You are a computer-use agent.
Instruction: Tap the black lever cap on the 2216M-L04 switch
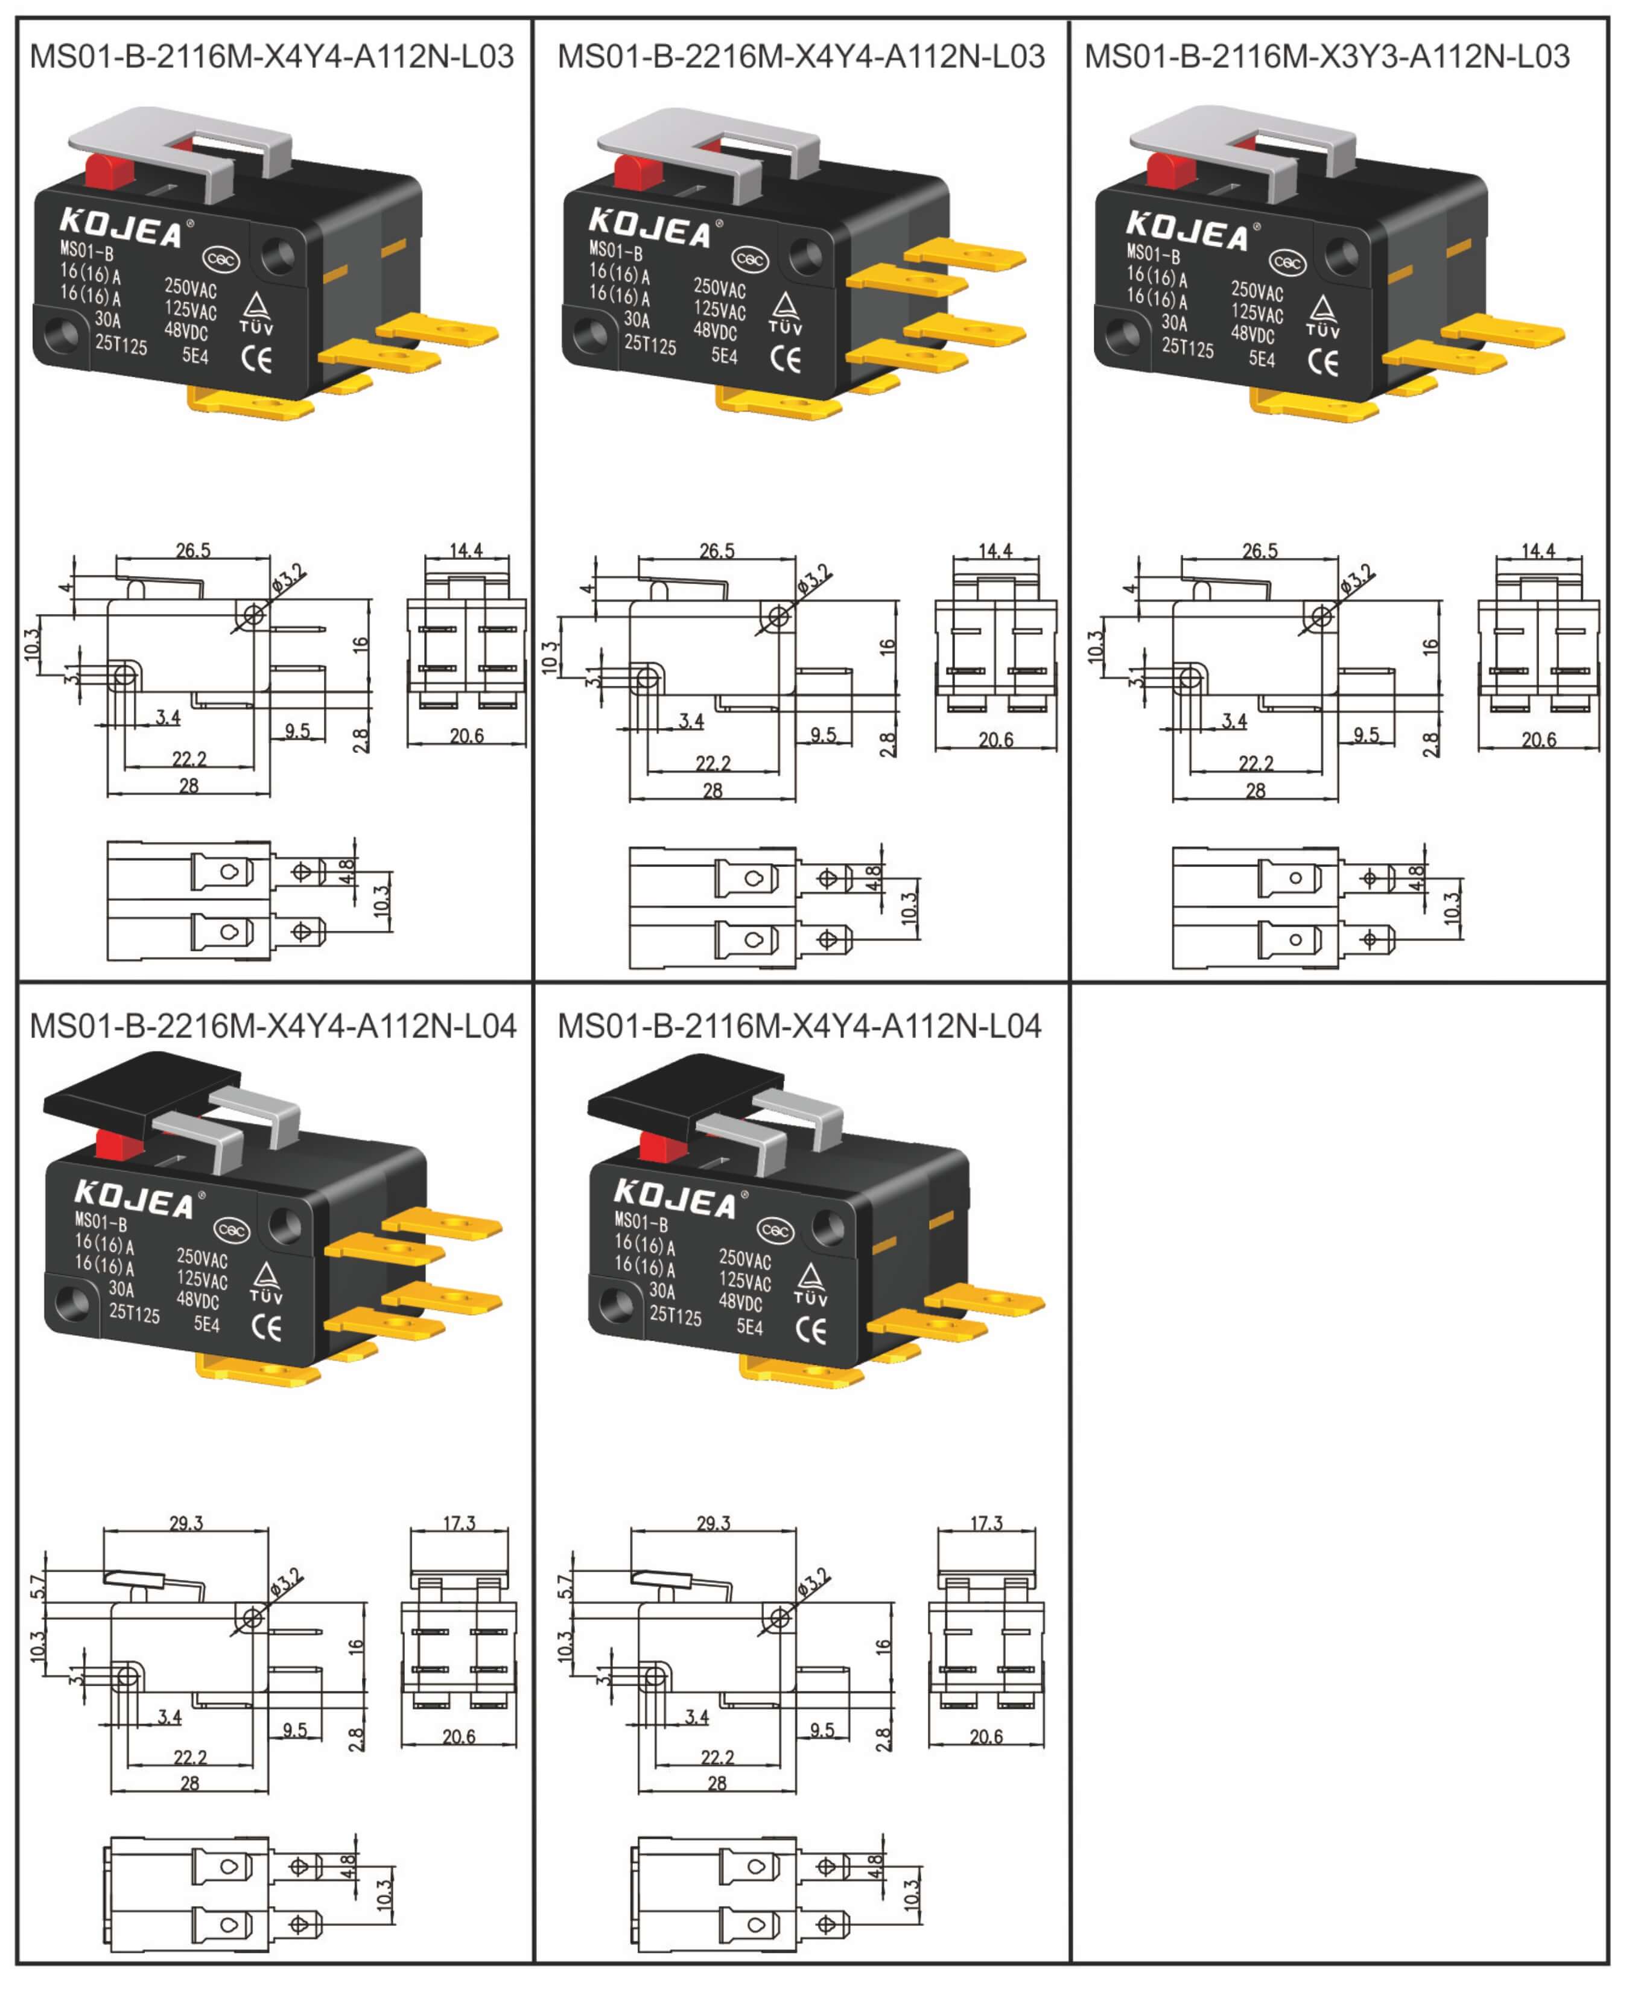142,1094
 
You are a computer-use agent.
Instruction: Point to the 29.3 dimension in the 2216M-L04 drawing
186,1523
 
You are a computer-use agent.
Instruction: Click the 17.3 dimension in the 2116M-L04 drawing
986,1523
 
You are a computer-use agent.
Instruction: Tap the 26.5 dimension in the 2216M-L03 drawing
717,550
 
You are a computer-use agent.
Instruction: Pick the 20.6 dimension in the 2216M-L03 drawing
995,740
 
